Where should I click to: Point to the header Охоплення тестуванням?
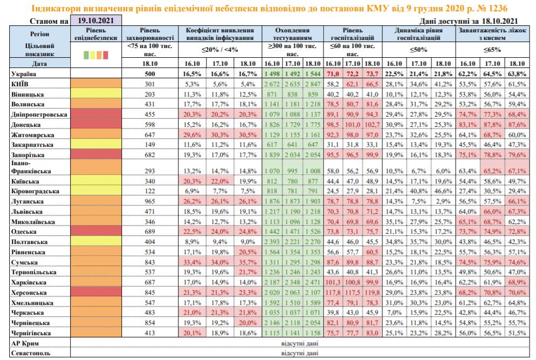tap(293, 34)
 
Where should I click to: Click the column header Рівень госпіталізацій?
tap(353, 34)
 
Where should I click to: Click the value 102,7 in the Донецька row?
tap(372, 124)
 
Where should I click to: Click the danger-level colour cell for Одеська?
tap(97, 232)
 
